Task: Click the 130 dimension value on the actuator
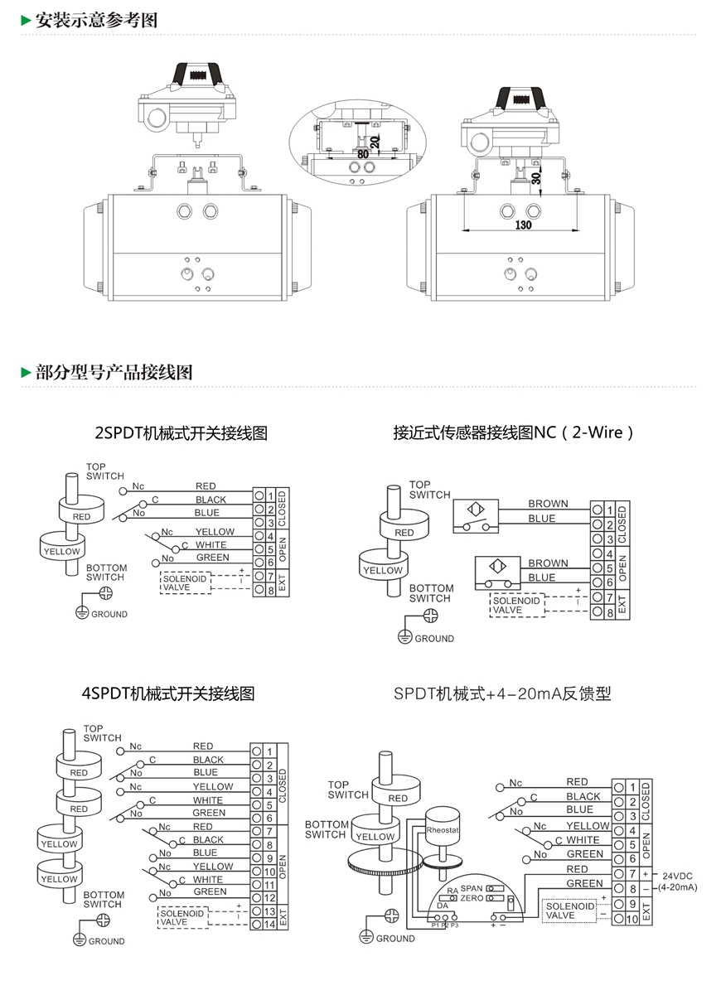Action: [x=524, y=225]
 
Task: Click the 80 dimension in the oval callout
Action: [x=363, y=154]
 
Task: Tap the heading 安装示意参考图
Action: [x=96, y=20]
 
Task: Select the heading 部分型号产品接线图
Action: [x=114, y=372]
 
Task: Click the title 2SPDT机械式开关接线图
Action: [x=181, y=432]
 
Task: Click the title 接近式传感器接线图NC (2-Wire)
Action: [x=514, y=432]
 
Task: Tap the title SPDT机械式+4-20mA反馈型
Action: [x=502, y=693]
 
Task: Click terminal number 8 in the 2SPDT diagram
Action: [x=270, y=590]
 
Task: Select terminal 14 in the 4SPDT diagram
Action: [x=269, y=924]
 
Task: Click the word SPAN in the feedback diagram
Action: [x=472, y=888]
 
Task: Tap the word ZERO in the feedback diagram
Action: [x=472, y=898]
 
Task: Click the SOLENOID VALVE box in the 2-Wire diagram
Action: [x=517, y=606]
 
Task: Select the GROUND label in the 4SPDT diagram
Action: [x=107, y=941]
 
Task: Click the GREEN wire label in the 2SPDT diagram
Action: [x=212, y=558]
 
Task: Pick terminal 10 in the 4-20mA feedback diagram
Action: [x=633, y=918]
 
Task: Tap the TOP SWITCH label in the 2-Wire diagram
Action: [x=429, y=490]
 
